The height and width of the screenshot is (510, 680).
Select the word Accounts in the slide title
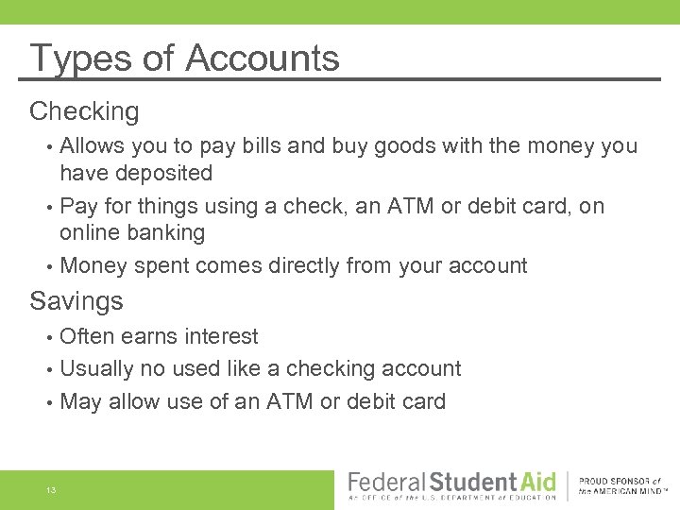coord(263,59)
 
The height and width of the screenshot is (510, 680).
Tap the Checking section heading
coord(84,111)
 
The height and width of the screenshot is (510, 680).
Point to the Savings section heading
coord(76,301)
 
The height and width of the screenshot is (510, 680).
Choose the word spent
coord(163,266)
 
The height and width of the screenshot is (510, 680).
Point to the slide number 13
coord(50,490)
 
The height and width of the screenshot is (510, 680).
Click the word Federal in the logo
coord(382,482)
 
